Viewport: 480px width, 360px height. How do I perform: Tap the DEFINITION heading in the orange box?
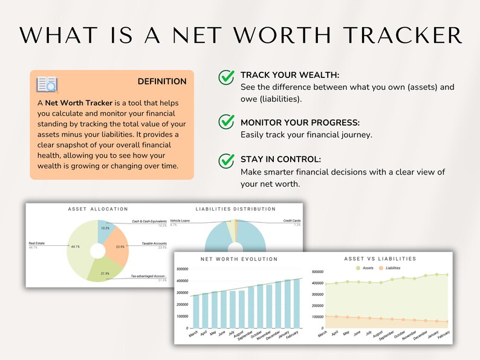[x=162, y=82]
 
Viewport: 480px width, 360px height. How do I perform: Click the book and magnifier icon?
[x=47, y=84]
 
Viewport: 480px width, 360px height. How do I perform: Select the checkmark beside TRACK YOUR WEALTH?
[x=227, y=78]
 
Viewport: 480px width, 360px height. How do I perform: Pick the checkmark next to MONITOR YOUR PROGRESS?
[x=227, y=120]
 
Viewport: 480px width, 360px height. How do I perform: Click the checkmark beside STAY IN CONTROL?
[x=227, y=160]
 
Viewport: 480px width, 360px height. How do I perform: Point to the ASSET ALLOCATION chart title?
[x=97, y=209]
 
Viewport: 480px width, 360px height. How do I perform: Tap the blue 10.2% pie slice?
[x=106, y=229]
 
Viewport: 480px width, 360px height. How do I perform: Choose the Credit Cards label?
[x=293, y=221]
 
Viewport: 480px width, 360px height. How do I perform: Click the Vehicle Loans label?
[x=180, y=221]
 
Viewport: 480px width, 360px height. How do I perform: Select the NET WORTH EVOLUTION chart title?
[x=239, y=259]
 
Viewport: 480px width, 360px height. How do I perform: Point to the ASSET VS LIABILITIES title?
[x=380, y=259]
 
